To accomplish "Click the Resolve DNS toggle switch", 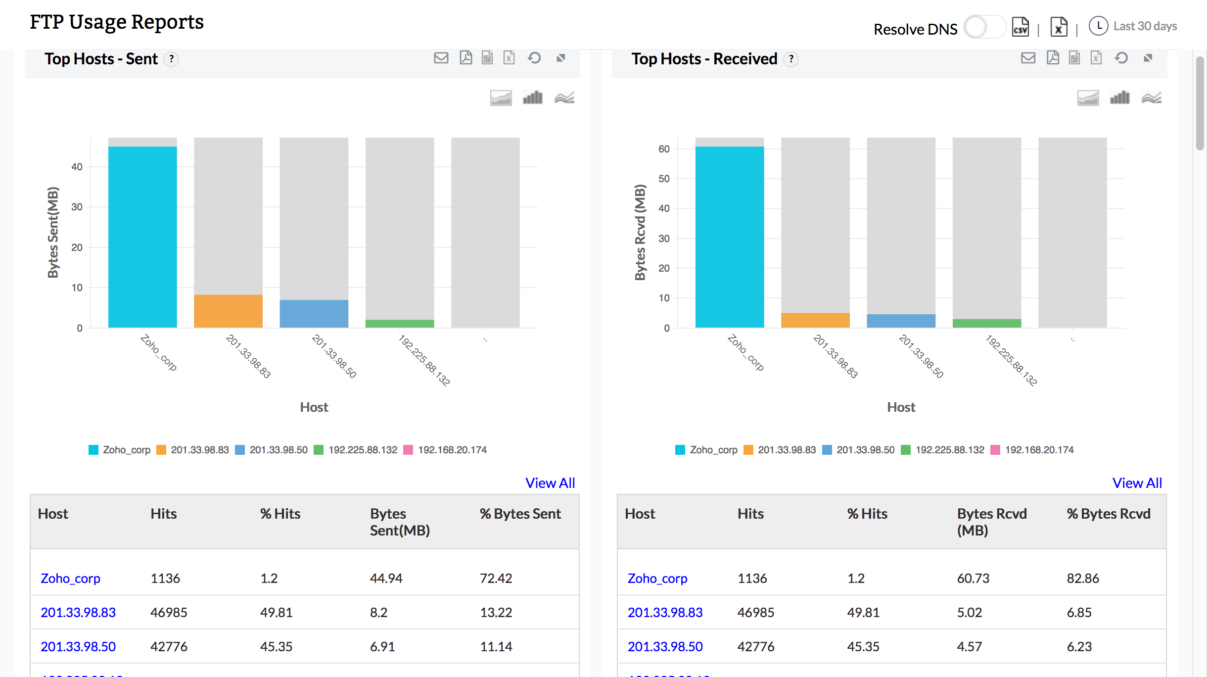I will click(984, 27).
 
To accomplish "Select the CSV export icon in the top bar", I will click(1021, 27).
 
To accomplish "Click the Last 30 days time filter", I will click(1144, 26).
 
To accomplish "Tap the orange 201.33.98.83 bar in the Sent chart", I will click(228, 311).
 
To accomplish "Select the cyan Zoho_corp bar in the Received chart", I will click(729, 237).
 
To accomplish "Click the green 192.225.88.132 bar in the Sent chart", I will click(400, 324).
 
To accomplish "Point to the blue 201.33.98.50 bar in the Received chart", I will click(901, 321).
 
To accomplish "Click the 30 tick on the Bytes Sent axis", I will click(77, 207).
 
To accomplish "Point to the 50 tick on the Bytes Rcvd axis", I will click(664, 179).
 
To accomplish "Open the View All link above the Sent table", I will click(550, 483).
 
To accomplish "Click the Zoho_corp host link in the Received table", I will click(657, 578).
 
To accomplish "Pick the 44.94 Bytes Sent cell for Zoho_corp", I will click(386, 578).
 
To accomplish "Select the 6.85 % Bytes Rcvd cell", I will click(1079, 612).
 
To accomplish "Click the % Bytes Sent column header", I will click(520, 514).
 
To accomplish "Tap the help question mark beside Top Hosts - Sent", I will click(171, 59).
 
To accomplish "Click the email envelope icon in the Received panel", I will click(1028, 58).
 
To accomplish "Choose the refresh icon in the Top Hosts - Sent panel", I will click(534, 58).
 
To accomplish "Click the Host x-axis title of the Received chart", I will click(901, 407).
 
